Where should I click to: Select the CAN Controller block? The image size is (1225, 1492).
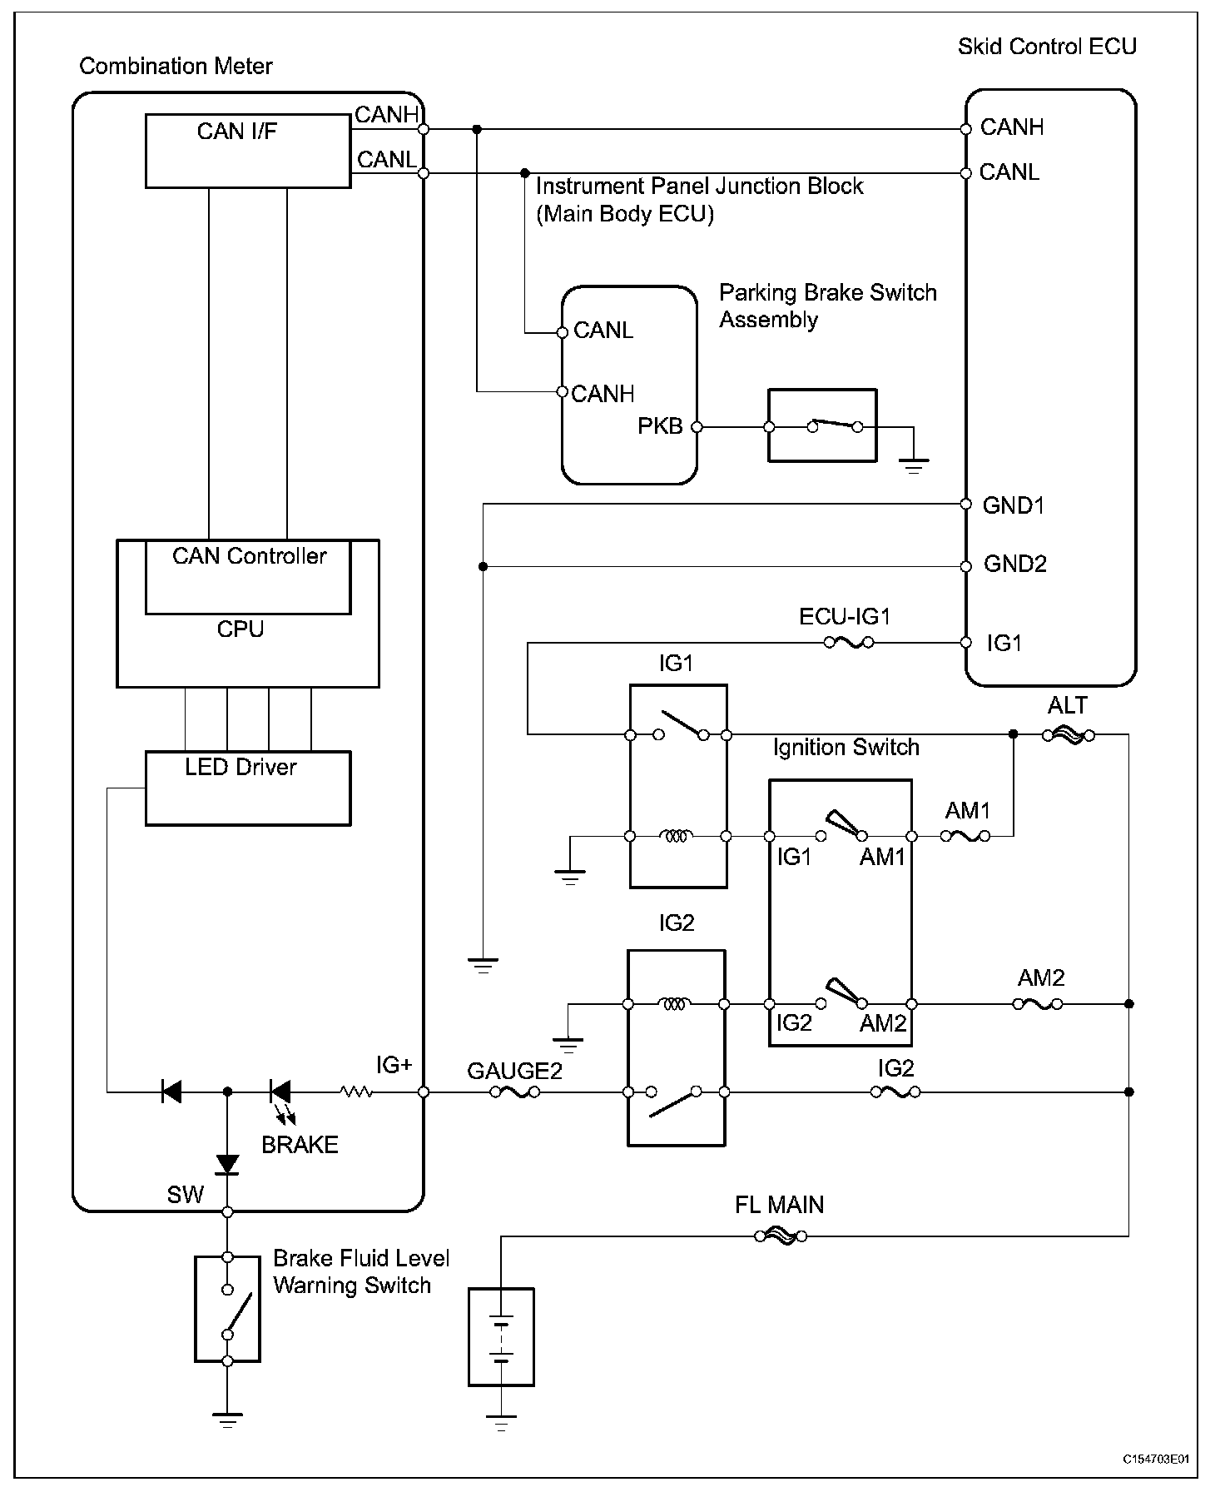[248, 577]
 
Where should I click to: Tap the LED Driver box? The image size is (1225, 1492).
[248, 788]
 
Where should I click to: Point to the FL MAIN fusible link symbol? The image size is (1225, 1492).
[781, 1236]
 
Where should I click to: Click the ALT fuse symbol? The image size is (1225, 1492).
[1069, 735]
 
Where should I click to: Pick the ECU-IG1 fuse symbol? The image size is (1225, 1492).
[848, 642]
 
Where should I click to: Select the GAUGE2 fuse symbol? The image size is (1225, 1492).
[515, 1092]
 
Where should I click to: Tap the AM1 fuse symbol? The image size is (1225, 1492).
[965, 835]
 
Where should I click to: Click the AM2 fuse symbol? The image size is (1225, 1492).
[1038, 1004]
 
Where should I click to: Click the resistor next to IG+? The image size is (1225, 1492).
[356, 1092]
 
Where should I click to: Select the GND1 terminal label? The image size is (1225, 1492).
[1014, 505]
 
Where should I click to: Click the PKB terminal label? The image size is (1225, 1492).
[660, 426]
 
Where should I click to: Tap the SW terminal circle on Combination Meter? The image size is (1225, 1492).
[227, 1211]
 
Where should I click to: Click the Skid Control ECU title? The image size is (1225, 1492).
[1047, 46]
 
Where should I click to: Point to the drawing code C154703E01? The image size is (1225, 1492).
[1156, 1459]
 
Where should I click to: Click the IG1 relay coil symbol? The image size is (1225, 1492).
[677, 835]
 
